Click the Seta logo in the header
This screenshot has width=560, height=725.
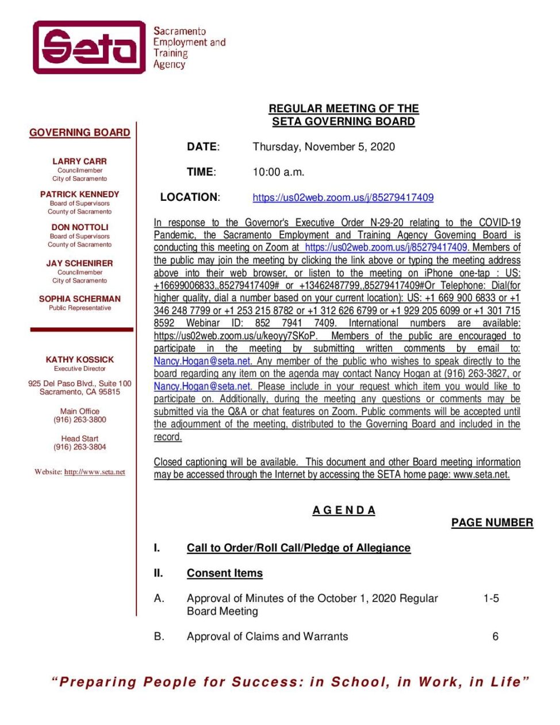[89, 47]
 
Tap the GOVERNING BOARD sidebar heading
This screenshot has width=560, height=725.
[79, 132]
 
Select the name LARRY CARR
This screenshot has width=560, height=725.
[79, 161]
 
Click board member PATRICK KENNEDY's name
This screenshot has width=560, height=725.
[79, 194]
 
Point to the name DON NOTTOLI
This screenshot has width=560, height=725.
[79, 227]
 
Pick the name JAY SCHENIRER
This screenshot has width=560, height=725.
[79, 263]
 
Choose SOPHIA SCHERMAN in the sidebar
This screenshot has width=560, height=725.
[79, 299]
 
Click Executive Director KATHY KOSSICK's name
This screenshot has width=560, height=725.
[79, 359]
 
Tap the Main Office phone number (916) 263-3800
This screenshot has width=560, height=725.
[80, 420]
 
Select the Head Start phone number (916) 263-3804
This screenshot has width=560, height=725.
[80, 447]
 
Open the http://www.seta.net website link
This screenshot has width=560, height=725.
[94, 472]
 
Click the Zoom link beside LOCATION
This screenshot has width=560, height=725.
[343, 197]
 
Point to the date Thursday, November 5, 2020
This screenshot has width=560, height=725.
[324, 147]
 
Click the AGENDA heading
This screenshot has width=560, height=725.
[344, 510]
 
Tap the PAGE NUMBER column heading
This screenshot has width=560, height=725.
[492, 522]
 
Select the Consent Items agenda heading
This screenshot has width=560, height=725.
[224, 573]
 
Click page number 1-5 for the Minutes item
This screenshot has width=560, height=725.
[491, 598]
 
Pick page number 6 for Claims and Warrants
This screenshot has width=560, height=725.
[495, 636]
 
